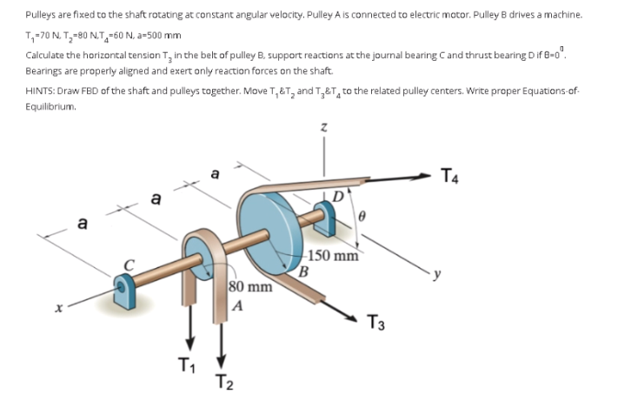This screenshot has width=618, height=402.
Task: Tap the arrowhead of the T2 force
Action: [222, 358]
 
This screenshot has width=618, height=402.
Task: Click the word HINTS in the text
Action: [40, 90]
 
